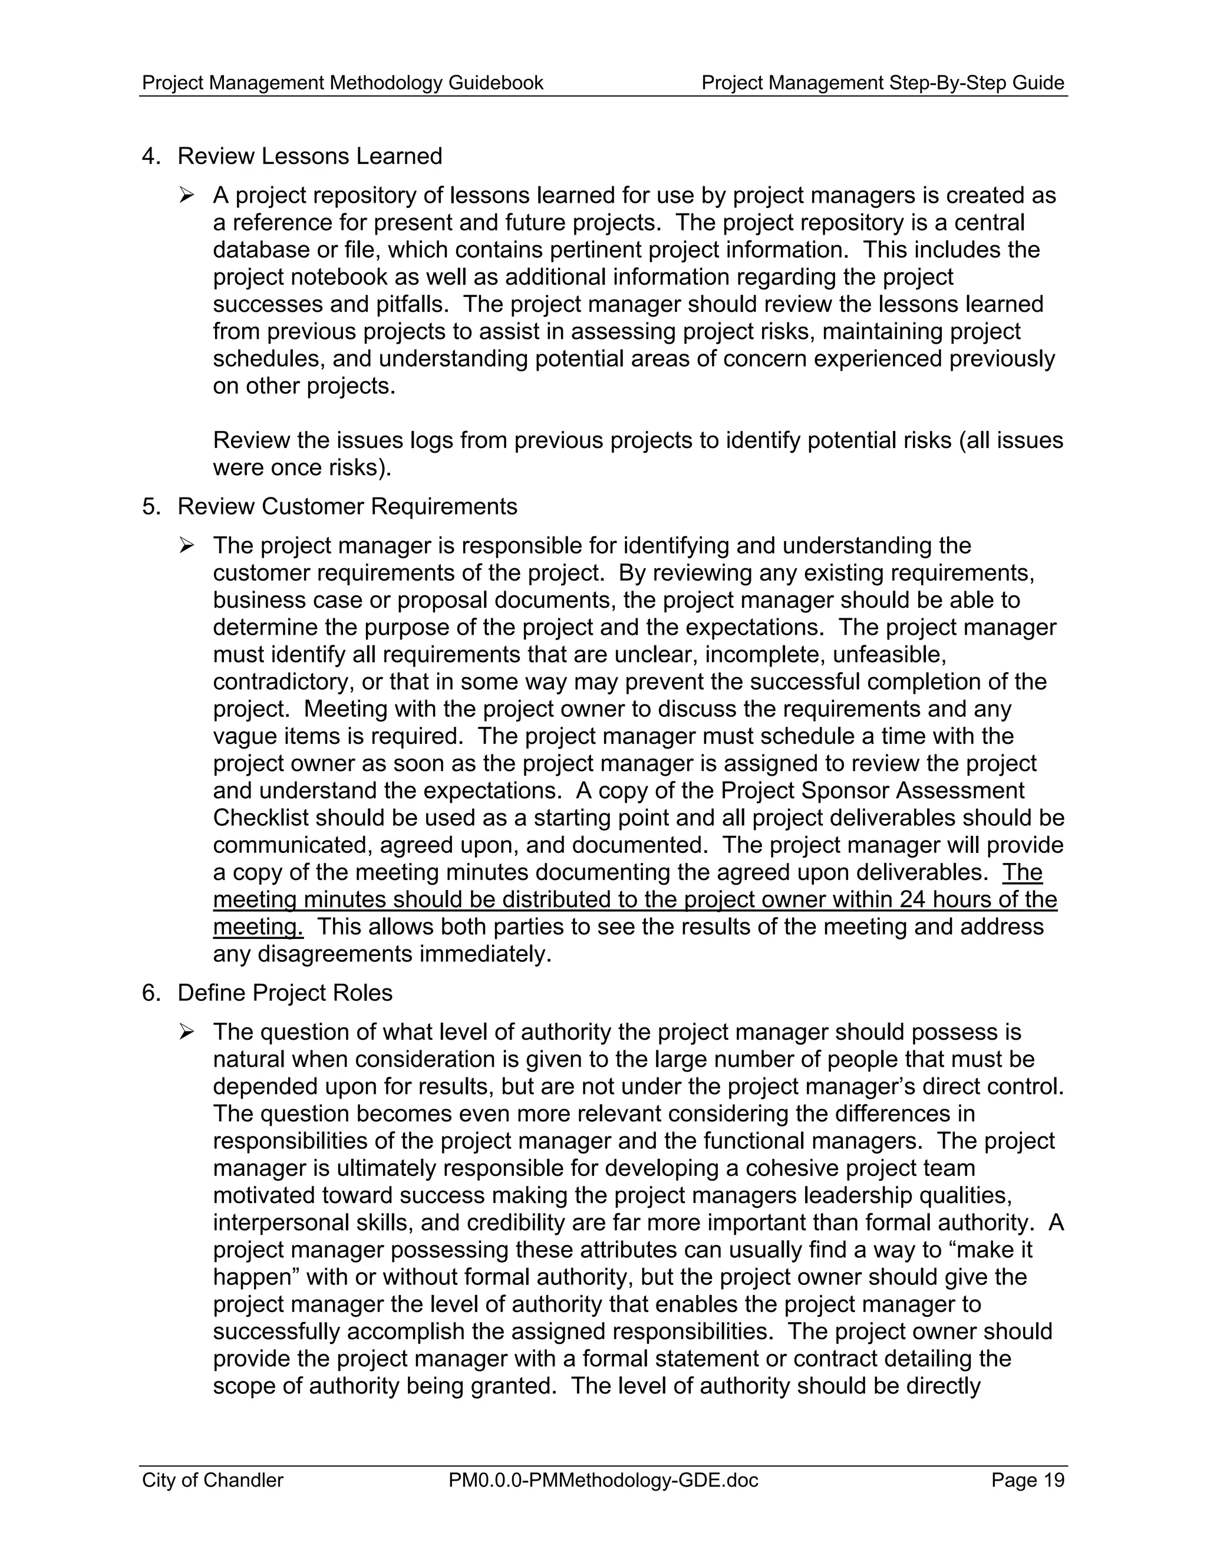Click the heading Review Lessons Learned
[x=309, y=156]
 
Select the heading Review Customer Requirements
[x=347, y=506]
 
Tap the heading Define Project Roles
[x=285, y=993]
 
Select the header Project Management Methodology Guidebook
[x=342, y=83]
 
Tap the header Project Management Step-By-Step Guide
[x=882, y=83]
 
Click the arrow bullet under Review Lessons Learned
[x=187, y=195]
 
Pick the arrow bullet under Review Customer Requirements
[x=187, y=545]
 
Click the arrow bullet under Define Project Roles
[x=187, y=1032]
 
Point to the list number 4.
[x=150, y=156]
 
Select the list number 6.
[x=150, y=993]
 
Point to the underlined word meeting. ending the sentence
[x=258, y=927]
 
